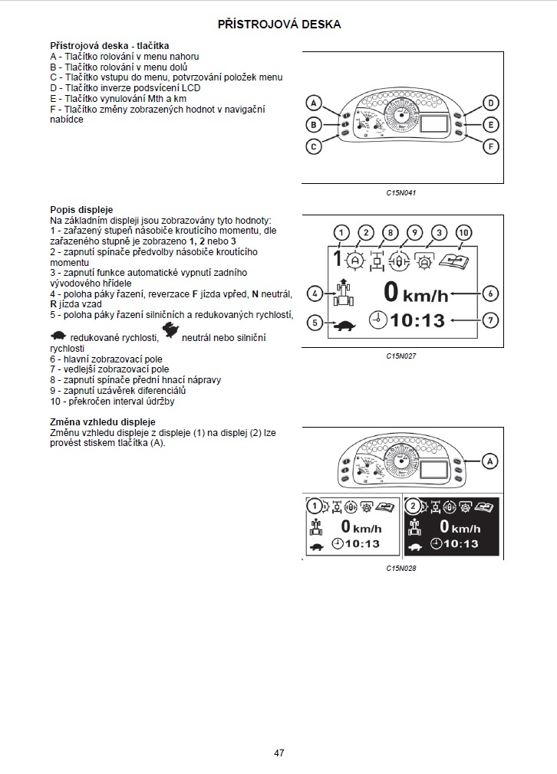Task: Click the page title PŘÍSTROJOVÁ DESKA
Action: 279,25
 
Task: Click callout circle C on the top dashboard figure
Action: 315,146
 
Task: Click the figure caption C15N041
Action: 400,193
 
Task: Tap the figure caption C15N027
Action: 400,356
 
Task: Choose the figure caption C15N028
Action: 400,568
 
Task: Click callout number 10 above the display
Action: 463,232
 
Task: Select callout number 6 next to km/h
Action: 491,293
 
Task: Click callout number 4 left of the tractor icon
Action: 315,293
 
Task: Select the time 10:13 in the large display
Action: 418,320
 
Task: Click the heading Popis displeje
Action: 81,209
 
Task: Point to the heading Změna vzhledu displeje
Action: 102,422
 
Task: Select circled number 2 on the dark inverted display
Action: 415,506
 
